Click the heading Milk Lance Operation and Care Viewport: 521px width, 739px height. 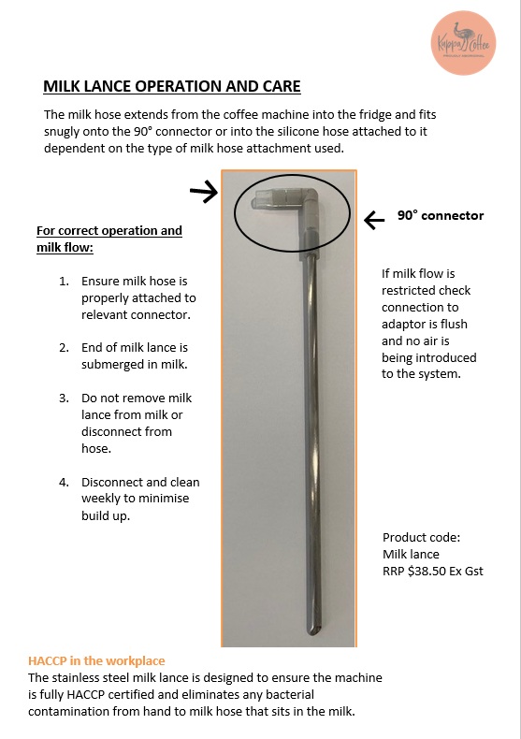pos(172,87)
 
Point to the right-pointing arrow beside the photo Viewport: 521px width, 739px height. pos(203,192)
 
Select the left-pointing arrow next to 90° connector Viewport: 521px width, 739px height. pos(374,220)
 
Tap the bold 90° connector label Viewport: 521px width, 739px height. pos(440,215)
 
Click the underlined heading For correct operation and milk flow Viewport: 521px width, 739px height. pos(109,239)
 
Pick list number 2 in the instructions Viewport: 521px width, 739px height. pos(64,347)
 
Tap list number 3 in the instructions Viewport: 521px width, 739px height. pos(64,398)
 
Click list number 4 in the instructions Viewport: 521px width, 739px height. pos(64,483)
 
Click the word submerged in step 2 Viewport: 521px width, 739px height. pos(112,365)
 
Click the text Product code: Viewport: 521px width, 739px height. pos(422,538)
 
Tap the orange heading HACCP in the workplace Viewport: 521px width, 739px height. pos(96,660)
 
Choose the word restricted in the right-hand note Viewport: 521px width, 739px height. pos(412,291)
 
